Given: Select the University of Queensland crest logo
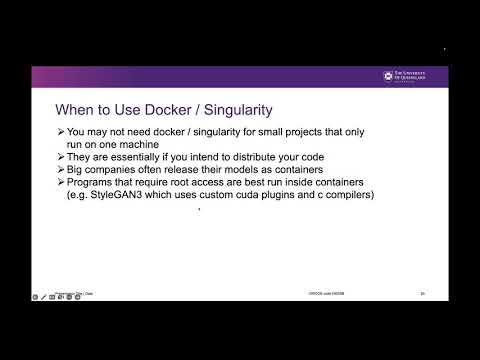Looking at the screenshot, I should pos(390,76).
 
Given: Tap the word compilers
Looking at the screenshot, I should pos(345,195).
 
